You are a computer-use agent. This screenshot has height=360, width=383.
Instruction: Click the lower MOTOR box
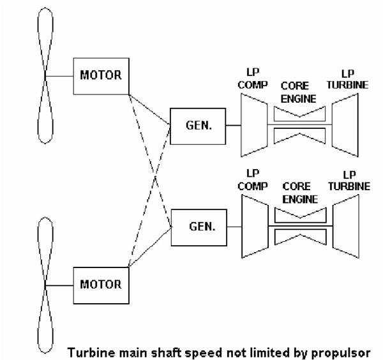pyautogui.click(x=100, y=283)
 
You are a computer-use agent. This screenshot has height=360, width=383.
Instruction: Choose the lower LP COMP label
pyautogui.click(x=251, y=180)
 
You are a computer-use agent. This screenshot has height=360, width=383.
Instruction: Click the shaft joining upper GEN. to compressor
pyautogui.click(x=232, y=125)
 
